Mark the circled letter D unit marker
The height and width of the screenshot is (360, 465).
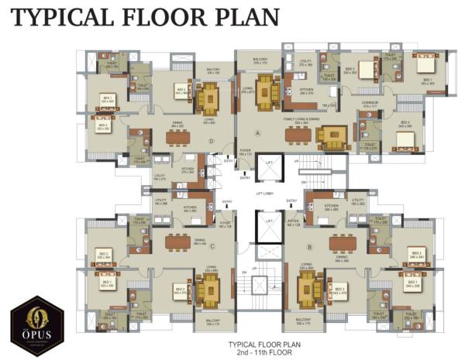pos(211,140)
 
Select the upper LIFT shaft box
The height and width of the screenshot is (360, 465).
pos(268,164)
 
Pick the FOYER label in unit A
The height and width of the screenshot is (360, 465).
pos(245,153)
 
